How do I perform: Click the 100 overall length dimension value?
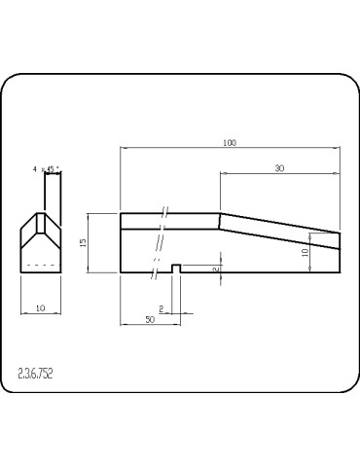pos(230,143)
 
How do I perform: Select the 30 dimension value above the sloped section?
pos(279,168)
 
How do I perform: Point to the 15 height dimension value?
pos(83,242)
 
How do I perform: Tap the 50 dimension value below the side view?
pos(150,319)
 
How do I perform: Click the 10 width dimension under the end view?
pos(41,308)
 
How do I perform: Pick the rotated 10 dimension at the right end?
pos(305,252)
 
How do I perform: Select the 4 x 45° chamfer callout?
pos(47,169)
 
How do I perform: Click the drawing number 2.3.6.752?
pos(35,374)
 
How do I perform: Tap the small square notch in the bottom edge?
pos(176,269)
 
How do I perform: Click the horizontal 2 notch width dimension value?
pos(162,308)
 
